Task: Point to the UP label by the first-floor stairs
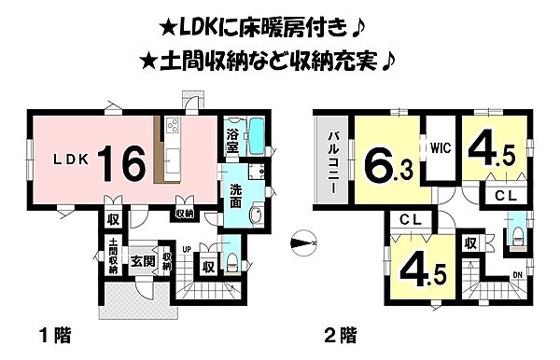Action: point(188,249)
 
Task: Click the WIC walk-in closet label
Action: point(441,147)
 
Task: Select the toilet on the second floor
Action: point(514,233)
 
